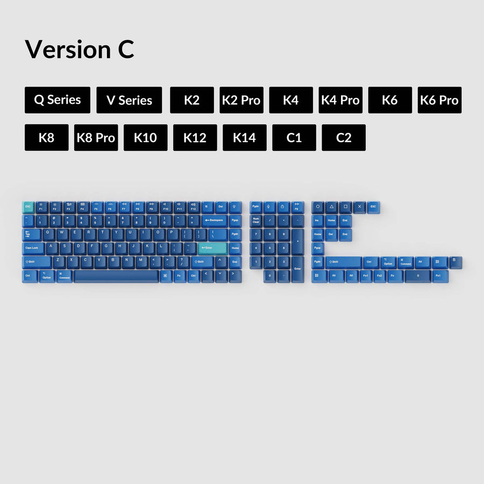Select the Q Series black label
(x=57, y=100)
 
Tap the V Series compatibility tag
(x=129, y=100)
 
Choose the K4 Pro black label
(x=340, y=100)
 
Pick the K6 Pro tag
(x=439, y=100)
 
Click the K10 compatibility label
(x=145, y=138)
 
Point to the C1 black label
(x=294, y=138)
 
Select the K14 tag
(x=245, y=138)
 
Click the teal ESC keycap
(x=28, y=207)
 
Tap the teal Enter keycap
(x=212, y=248)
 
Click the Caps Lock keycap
(x=33, y=248)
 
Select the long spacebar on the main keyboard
(x=116, y=276)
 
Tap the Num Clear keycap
(x=256, y=220)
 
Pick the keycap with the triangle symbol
(x=332, y=207)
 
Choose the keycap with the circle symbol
(x=318, y=207)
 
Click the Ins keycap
(x=318, y=220)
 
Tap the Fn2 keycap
(x=380, y=276)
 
